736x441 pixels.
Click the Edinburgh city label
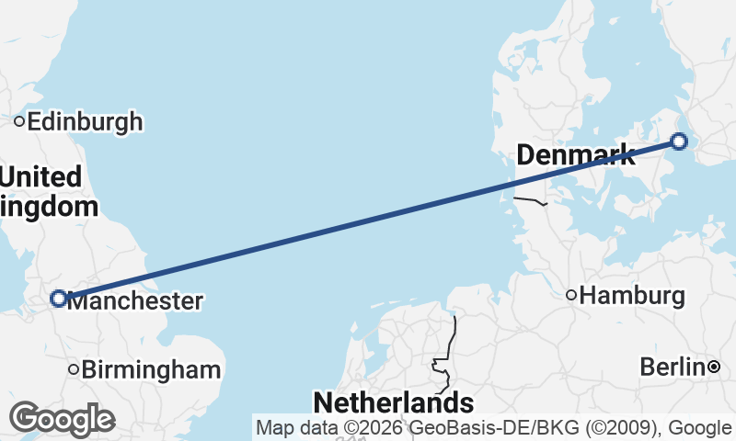[85, 121]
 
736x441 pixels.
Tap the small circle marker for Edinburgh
[18, 121]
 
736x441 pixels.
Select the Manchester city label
[134, 300]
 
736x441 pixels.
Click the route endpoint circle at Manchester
[58, 299]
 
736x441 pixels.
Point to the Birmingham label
[151, 370]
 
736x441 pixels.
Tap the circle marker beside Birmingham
[74, 369]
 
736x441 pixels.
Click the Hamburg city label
[633, 296]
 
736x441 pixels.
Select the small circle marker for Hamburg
[571, 295]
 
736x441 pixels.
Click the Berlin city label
[673, 367]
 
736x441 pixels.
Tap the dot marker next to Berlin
[714, 367]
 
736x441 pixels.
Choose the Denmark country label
[576, 155]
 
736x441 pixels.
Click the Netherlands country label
[393, 402]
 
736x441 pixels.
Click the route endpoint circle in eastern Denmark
[679, 141]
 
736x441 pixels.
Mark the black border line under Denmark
[530, 199]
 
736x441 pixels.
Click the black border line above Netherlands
[452, 340]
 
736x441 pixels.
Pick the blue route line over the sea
[368, 220]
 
